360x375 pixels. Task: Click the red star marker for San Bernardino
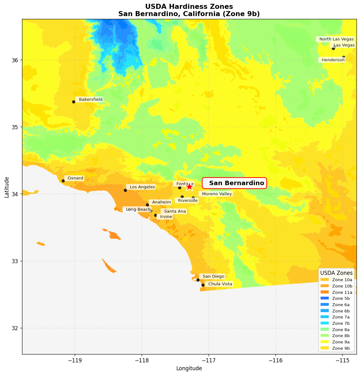pyautogui.click(x=189, y=187)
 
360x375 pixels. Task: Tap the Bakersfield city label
pyautogui.click(x=90, y=100)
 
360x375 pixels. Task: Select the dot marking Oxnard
pyautogui.click(x=63, y=181)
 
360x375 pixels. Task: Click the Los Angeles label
pyautogui.click(x=142, y=187)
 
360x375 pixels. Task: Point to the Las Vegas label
pyautogui.click(x=344, y=45)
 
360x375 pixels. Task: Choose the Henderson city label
pyautogui.click(x=333, y=60)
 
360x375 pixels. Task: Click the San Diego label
pyautogui.click(x=213, y=276)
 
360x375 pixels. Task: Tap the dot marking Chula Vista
pyautogui.click(x=203, y=285)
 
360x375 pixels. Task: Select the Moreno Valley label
pyautogui.click(x=217, y=194)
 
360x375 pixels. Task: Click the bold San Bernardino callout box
pyautogui.click(x=236, y=183)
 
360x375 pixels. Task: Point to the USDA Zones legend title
pyautogui.click(x=336, y=273)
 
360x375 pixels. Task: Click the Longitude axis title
pyautogui.click(x=189, y=368)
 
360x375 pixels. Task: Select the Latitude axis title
pyautogui.click(x=7, y=187)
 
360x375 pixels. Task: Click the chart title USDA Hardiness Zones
pyautogui.click(x=189, y=7)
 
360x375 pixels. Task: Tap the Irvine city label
pyautogui.click(x=166, y=217)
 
